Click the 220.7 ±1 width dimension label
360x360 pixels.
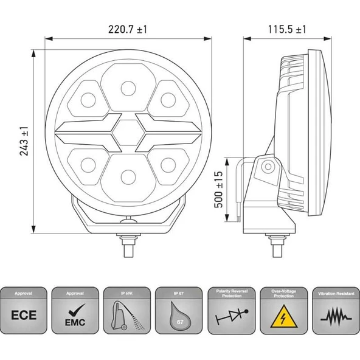pyautogui.click(x=128, y=29)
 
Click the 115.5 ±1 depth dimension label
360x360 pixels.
pyautogui.click(x=286, y=29)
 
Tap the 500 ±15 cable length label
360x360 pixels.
pyautogui.click(x=220, y=190)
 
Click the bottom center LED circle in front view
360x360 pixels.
pyautogui.click(x=128, y=176)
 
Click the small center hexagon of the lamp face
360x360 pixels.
pyautogui.click(x=128, y=132)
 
